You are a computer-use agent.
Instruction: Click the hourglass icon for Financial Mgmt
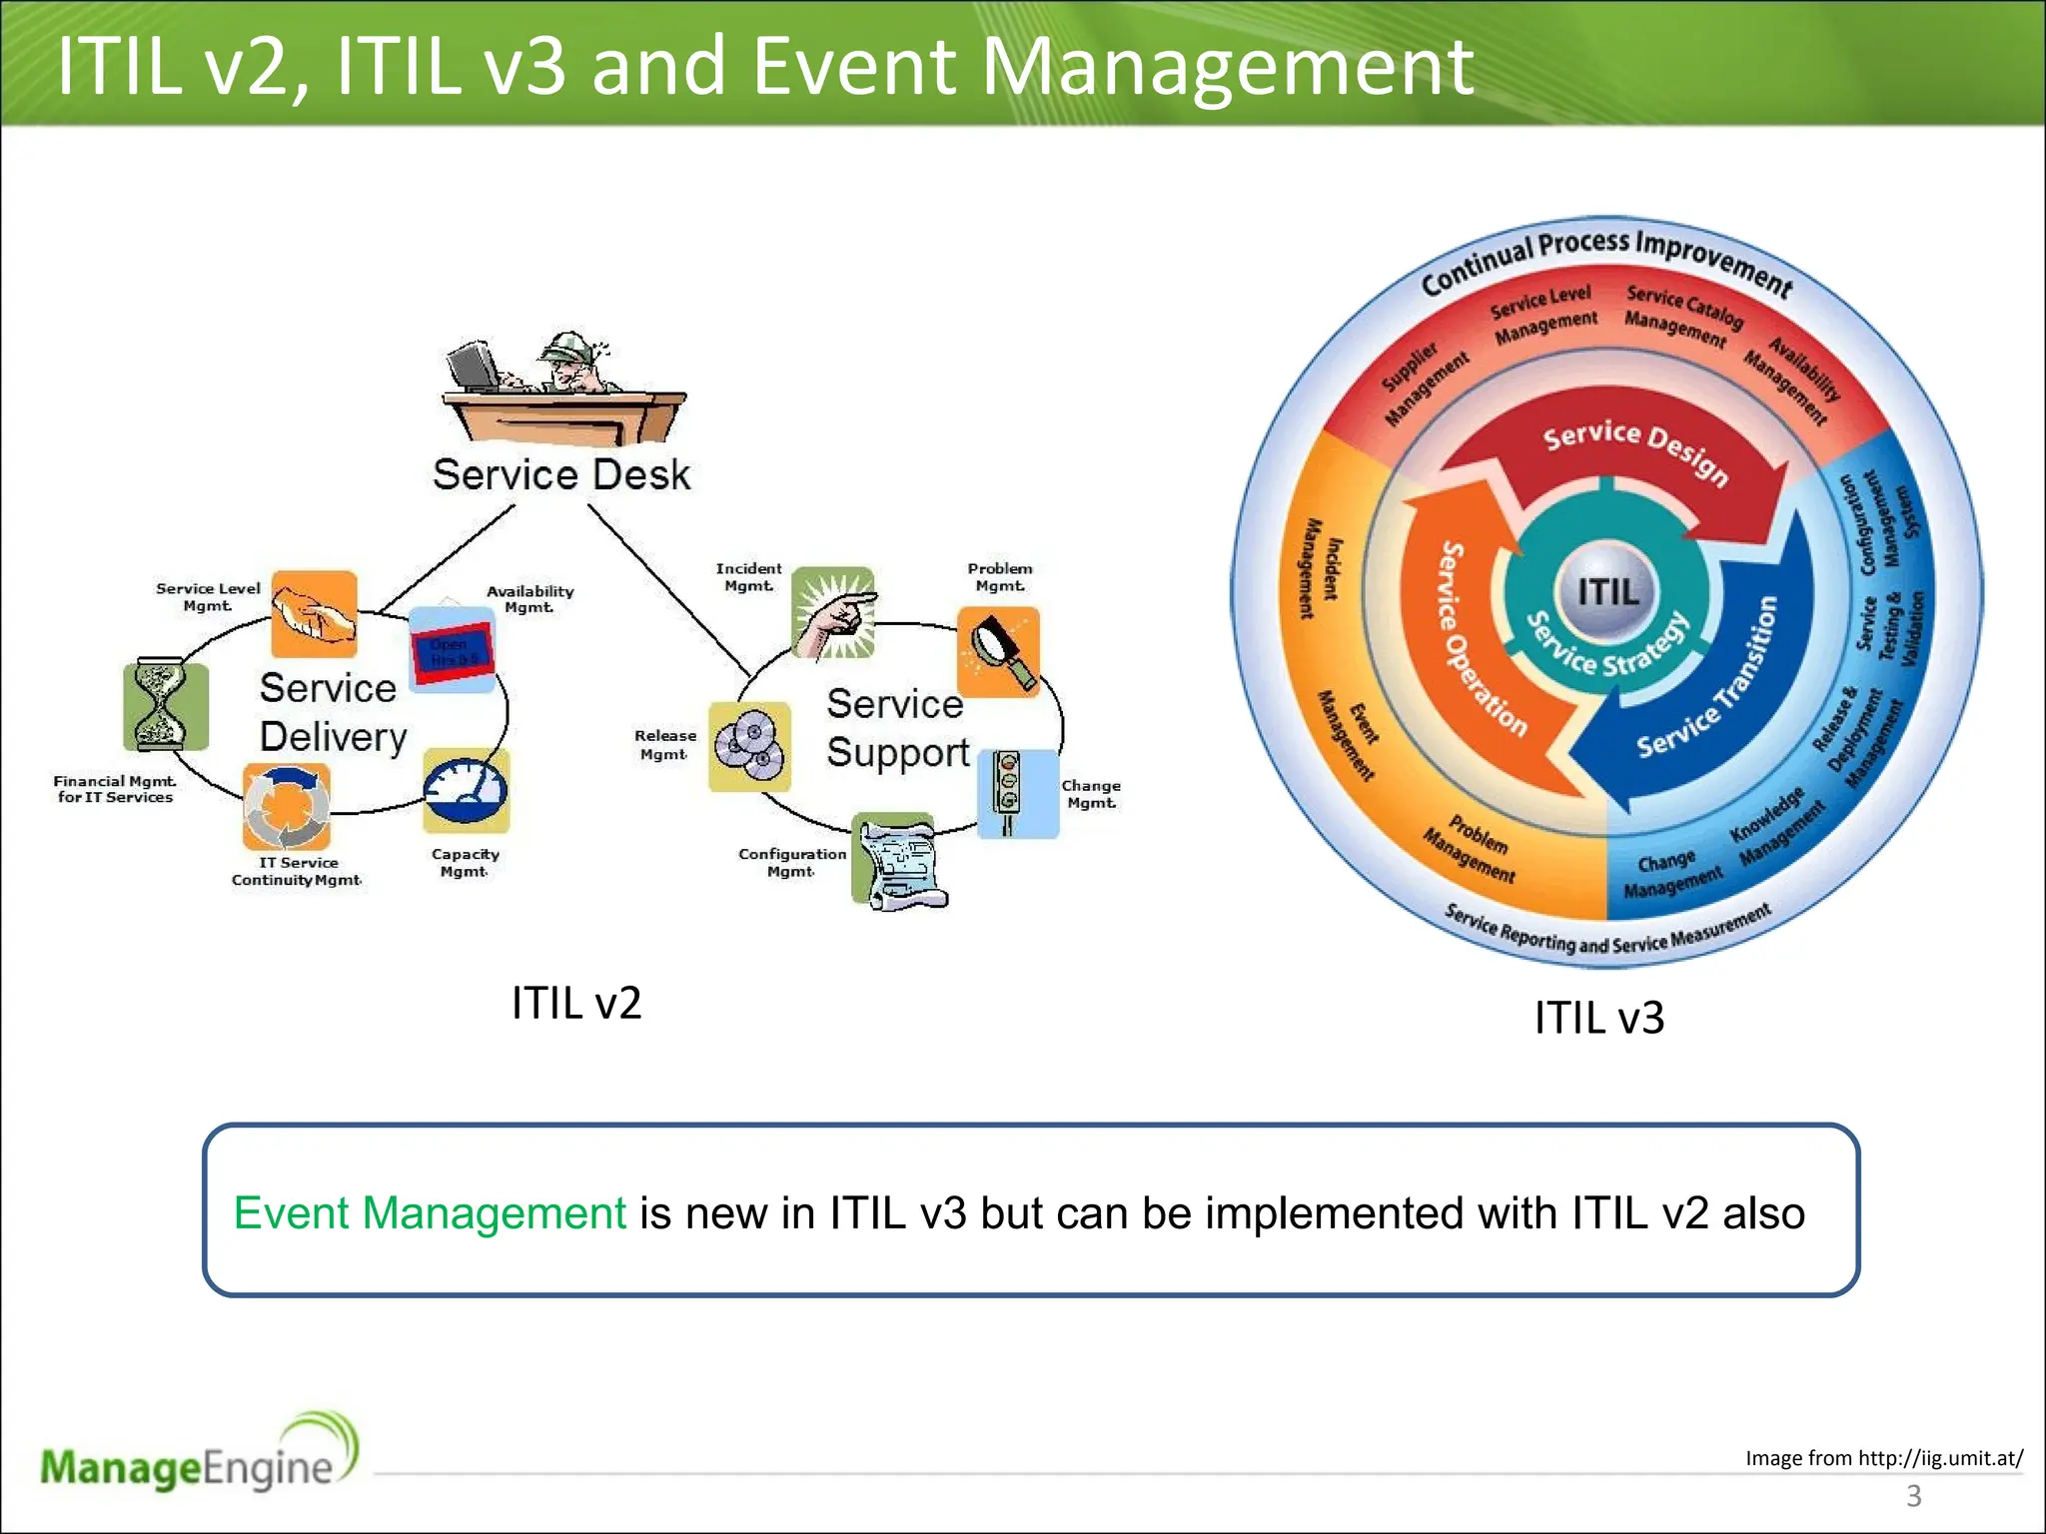[165, 706]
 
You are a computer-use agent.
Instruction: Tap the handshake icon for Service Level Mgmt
[314, 613]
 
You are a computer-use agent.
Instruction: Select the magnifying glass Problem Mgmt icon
[999, 650]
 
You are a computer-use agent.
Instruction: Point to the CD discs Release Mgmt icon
[749, 746]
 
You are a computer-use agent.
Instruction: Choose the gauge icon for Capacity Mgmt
[467, 789]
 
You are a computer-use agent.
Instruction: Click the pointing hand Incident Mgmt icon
[833, 611]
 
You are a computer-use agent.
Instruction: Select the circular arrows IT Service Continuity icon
[287, 805]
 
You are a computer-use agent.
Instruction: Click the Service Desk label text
[561, 474]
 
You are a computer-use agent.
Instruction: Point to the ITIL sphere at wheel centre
[1606, 591]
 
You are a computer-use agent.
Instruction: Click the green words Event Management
[430, 1213]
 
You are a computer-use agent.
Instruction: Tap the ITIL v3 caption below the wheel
[1598, 1018]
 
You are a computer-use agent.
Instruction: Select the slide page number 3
[1913, 1496]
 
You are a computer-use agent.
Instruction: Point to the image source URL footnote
[1883, 1458]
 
